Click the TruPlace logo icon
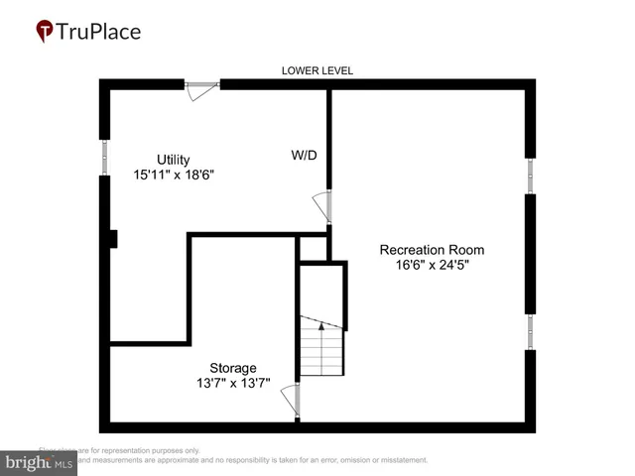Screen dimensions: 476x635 coord(46,32)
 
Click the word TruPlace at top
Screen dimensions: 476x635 coord(99,31)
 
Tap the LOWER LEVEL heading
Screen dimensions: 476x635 coord(317,70)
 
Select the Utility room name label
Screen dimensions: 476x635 coord(173,160)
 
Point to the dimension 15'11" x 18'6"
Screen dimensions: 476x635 coord(174,175)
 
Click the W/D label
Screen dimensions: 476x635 coord(304,156)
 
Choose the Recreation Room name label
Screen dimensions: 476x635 coord(432,250)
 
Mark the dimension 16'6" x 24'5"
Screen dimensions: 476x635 coord(432,265)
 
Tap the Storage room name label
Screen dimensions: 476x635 coord(232,368)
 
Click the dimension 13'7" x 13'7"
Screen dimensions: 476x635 coord(232,383)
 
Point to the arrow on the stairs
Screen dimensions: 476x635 coord(321,324)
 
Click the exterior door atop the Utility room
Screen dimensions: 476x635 coord(201,87)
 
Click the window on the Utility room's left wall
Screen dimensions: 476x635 coord(105,158)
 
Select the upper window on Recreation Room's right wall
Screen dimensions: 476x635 coord(530,176)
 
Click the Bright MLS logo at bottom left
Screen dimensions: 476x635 coord(40,461)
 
